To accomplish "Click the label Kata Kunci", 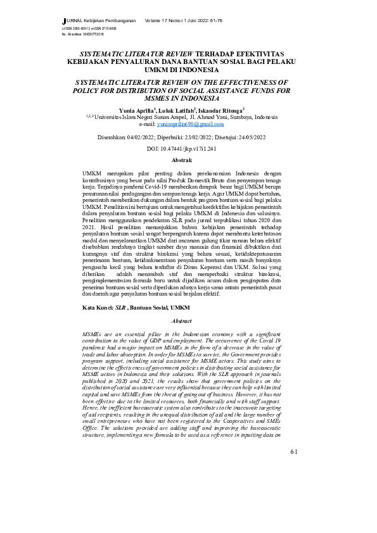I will tap(96, 307).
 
